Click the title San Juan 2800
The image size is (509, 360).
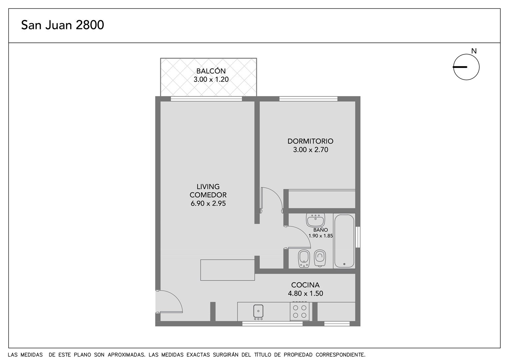[x=63, y=25]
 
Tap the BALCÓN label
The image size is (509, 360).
[x=211, y=71]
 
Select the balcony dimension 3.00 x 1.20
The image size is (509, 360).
[x=211, y=79]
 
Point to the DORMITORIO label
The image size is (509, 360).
[x=310, y=141]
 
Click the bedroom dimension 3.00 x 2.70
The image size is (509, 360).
[x=310, y=150]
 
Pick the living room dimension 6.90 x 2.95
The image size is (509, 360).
[x=208, y=203]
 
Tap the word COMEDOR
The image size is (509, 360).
[x=208, y=195]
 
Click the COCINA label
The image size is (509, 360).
[x=305, y=285]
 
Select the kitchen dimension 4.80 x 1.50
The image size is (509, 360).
[x=305, y=293]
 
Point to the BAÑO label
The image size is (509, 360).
[x=320, y=230]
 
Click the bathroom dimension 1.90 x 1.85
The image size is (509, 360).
[x=321, y=236]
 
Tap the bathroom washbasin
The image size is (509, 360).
[x=315, y=220]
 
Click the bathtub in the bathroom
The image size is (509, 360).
[x=344, y=241]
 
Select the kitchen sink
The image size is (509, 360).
[x=258, y=311]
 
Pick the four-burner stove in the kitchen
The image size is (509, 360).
[x=299, y=311]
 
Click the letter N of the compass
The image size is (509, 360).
[x=474, y=51]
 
